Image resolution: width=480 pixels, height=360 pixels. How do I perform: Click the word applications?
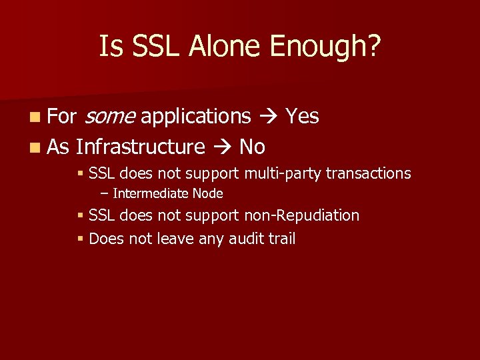[195, 117]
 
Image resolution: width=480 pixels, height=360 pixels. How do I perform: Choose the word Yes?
[302, 117]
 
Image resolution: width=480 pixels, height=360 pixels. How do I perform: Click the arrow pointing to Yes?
[267, 117]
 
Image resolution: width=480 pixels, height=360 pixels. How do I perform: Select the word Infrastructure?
[141, 147]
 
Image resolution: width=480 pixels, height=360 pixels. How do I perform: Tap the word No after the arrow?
[252, 147]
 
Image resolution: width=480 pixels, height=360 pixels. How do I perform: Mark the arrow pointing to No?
[222, 147]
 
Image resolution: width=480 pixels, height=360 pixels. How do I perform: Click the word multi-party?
[283, 174]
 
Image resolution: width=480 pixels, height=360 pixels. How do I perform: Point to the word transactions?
[368, 174]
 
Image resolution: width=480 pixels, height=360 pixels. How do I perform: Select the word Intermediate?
[151, 194]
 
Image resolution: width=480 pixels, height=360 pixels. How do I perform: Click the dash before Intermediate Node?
[104, 194]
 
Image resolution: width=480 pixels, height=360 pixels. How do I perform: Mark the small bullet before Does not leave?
[80, 239]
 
